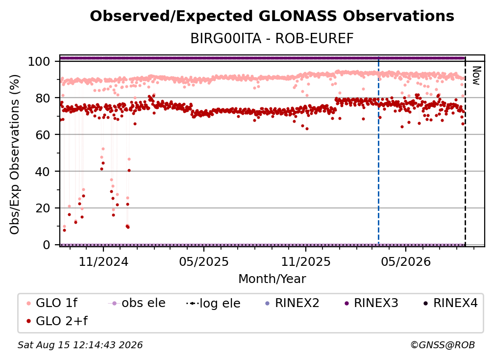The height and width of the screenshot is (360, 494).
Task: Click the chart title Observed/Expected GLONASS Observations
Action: pos(272,16)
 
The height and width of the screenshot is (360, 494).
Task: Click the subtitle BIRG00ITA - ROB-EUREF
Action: pos(272,38)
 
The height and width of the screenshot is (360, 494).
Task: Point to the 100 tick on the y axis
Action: pos(39,61)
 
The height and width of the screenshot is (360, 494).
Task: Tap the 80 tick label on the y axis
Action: pos(43,98)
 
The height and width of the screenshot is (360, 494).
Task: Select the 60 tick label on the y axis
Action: pos(43,134)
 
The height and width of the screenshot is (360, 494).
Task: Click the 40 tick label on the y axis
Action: pos(43,172)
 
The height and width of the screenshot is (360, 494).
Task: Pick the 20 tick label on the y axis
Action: pos(43,208)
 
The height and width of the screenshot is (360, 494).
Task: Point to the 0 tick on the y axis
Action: pos(47,245)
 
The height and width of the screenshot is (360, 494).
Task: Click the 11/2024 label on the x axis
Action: pos(103,261)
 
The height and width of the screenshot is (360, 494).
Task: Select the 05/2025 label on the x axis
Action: pos(204,261)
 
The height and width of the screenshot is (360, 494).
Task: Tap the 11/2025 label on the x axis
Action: pos(306,261)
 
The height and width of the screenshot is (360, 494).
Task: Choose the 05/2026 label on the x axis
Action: pos(406,261)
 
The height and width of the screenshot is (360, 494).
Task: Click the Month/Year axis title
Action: pos(272,279)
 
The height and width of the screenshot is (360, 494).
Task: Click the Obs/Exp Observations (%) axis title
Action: pos(15,154)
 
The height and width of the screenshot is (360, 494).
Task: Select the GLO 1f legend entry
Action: pos(51,303)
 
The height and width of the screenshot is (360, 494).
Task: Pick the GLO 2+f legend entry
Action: pos(57,321)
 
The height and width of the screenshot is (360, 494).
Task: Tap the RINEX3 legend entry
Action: pos(371,303)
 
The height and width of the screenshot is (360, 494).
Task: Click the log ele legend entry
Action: pos(213,303)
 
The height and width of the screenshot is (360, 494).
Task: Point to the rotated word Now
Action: pos(476,76)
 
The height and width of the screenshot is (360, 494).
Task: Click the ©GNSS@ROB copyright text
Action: pos(443,345)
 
